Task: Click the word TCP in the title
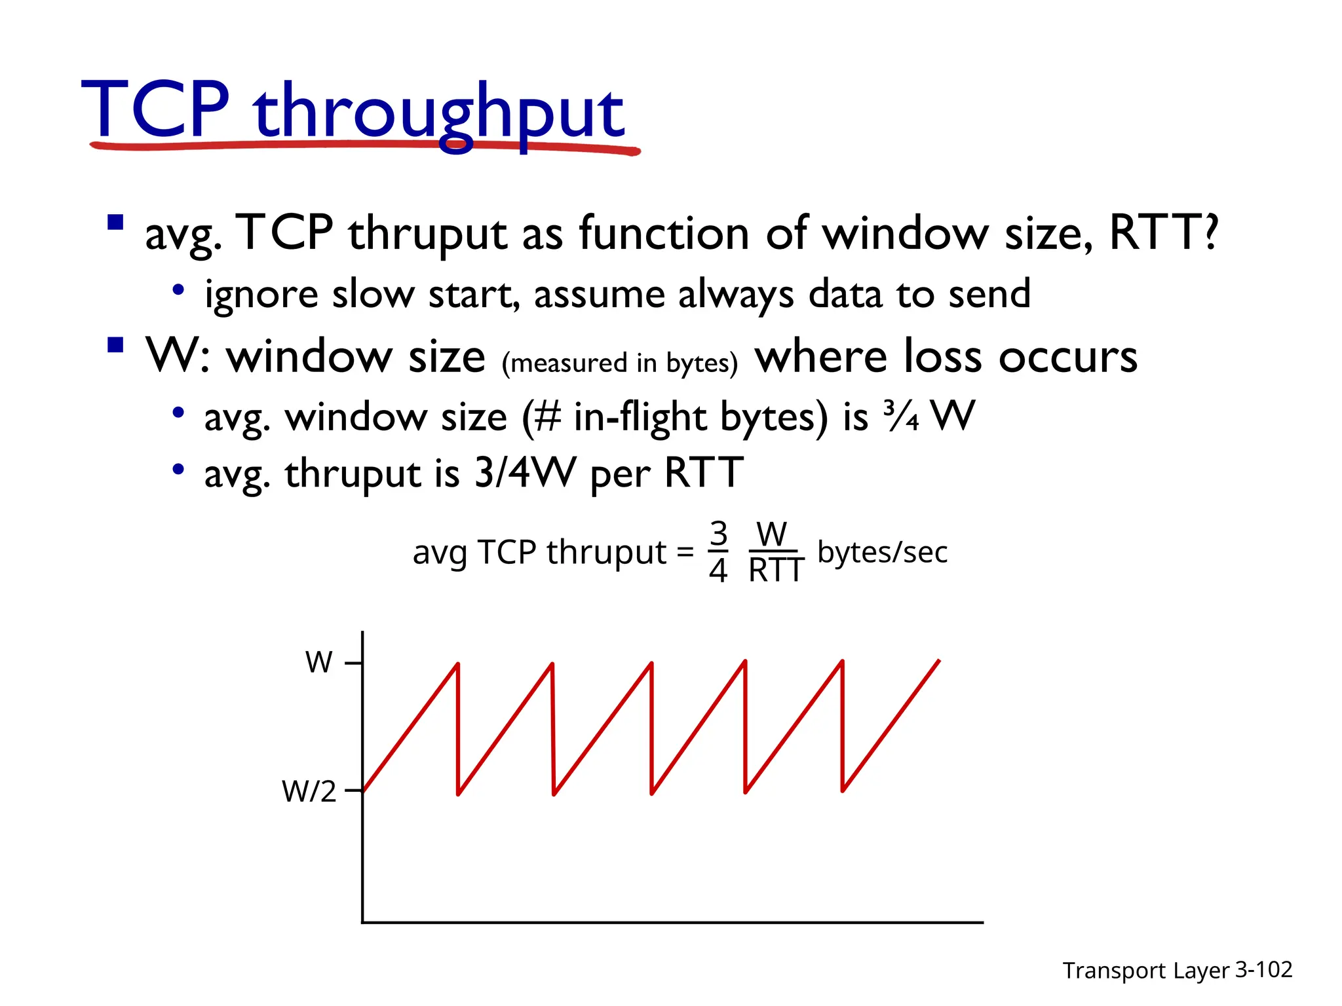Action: [x=155, y=109]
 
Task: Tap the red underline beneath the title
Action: [x=364, y=145]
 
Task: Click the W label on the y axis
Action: [x=319, y=662]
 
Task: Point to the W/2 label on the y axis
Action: [x=309, y=791]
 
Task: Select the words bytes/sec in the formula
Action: [x=882, y=552]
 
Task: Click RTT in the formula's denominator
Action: [x=776, y=570]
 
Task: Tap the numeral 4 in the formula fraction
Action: [x=718, y=570]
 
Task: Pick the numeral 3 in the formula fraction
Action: [x=719, y=534]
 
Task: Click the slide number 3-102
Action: [x=1263, y=969]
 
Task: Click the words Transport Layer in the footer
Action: [x=1145, y=970]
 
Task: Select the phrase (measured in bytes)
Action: [x=620, y=363]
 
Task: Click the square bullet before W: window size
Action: [x=115, y=345]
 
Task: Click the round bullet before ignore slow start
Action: [x=178, y=289]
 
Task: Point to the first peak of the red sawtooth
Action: [x=457, y=665]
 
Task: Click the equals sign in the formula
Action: [x=685, y=552]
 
